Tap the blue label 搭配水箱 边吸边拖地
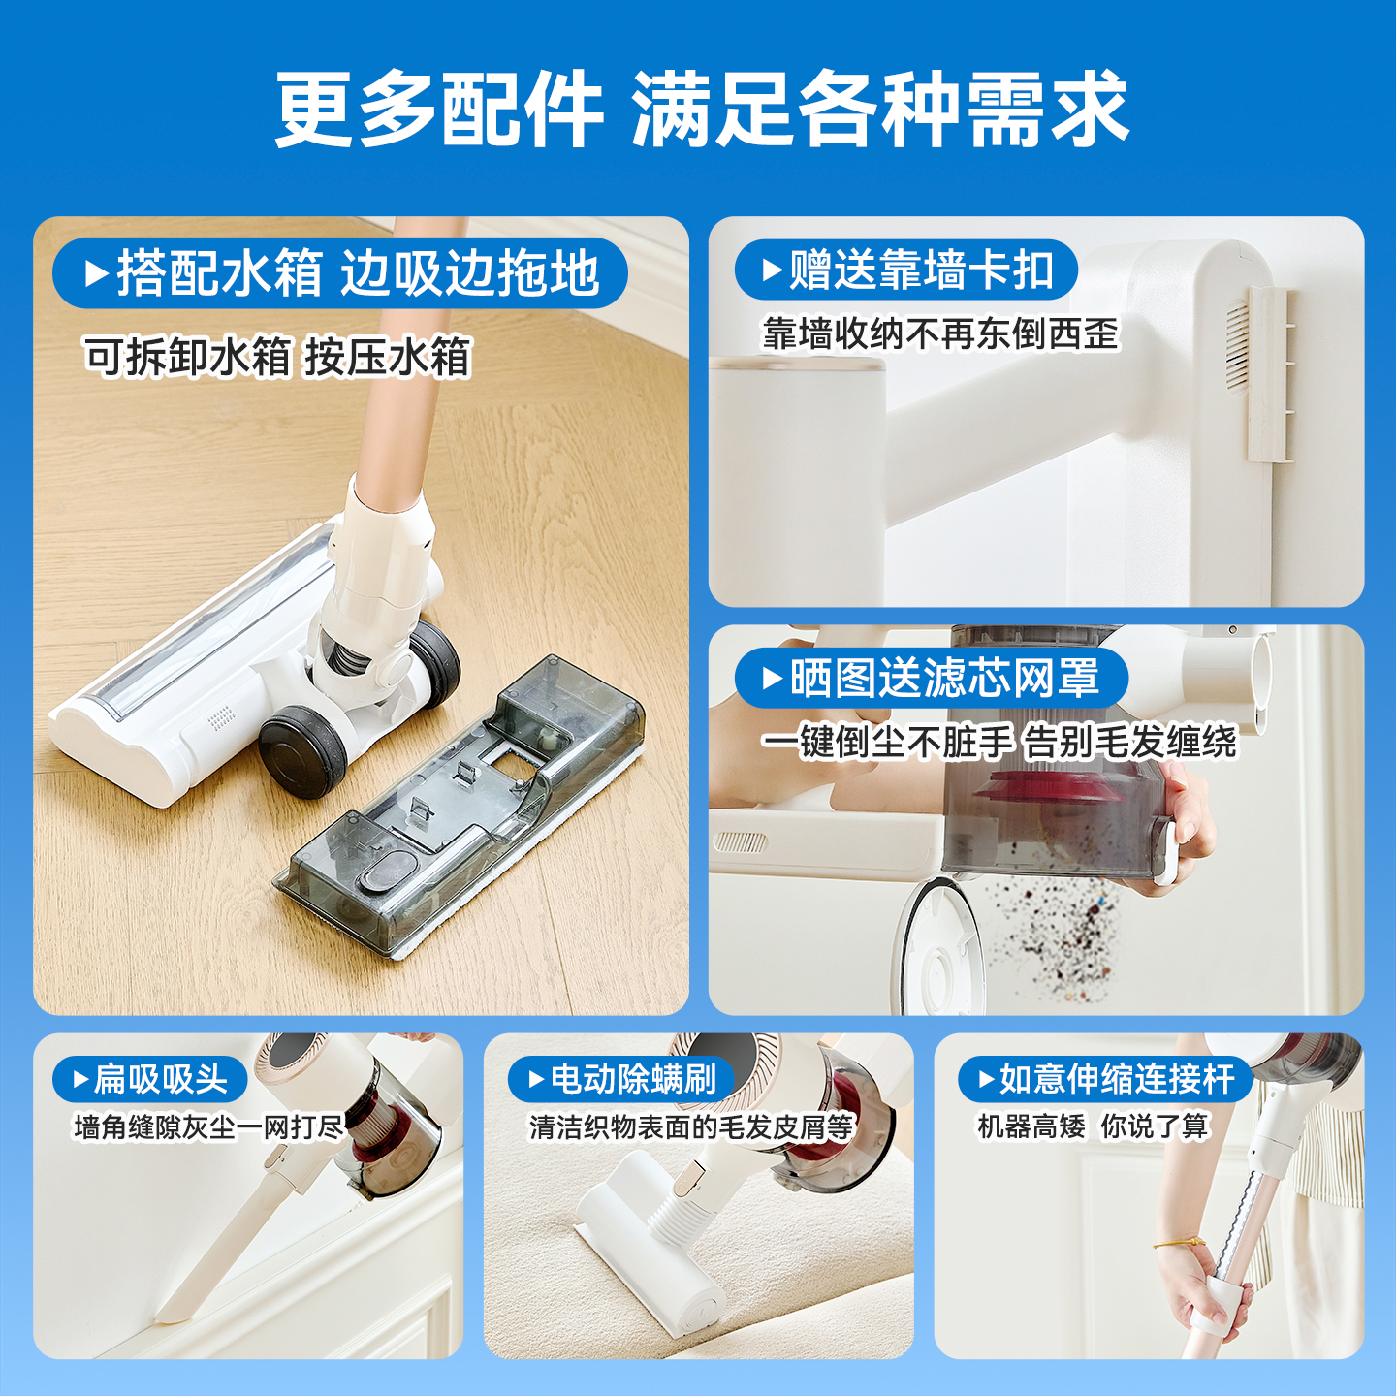(341, 273)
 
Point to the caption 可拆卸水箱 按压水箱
(277, 357)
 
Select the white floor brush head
(184, 679)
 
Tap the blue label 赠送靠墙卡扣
(905, 270)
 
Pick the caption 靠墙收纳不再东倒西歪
(940, 334)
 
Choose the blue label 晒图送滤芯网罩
(931, 678)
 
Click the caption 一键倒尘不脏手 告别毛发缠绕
(999, 743)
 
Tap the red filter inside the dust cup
(1047, 790)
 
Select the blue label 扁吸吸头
(150, 1079)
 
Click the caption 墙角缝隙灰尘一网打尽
(208, 1127)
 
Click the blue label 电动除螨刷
(620, 1079)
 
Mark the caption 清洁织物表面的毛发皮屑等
(690, 1127)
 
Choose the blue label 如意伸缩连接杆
(1105, 1079)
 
